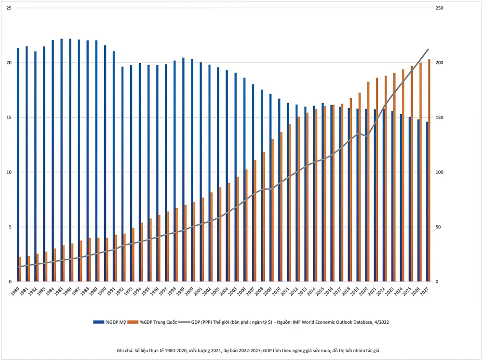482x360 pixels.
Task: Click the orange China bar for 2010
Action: point(281,207)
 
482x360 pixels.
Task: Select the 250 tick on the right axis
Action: point(440,8)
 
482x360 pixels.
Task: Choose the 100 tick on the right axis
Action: point(440,173)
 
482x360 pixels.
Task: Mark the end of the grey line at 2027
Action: point(428,49)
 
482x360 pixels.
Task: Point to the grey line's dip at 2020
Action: point(367,136)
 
